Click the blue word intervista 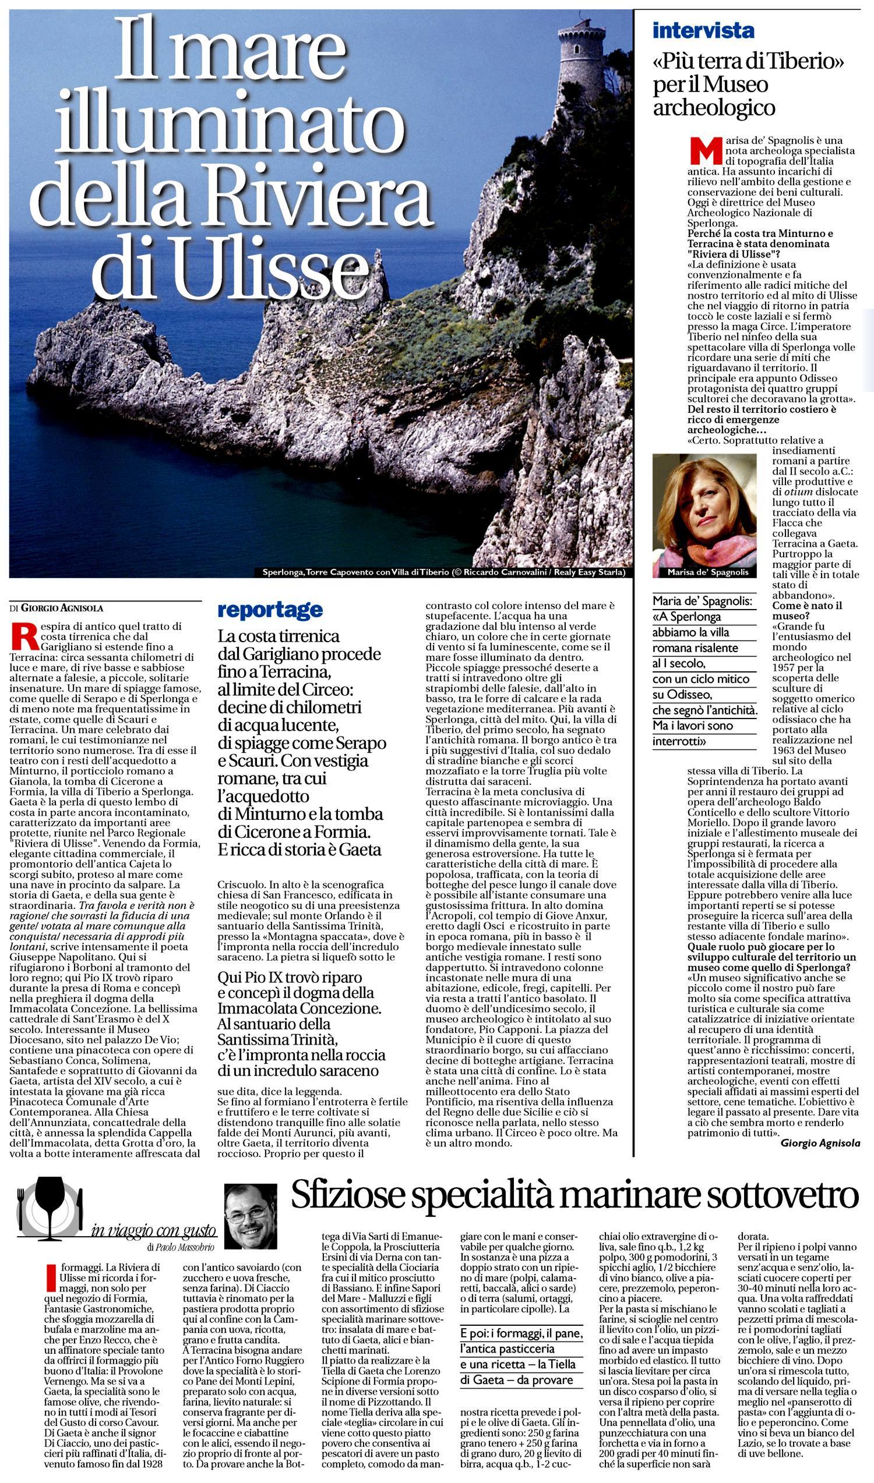pos(703,30)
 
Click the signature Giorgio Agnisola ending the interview pos(820,1144)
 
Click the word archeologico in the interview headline pos(713,108)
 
